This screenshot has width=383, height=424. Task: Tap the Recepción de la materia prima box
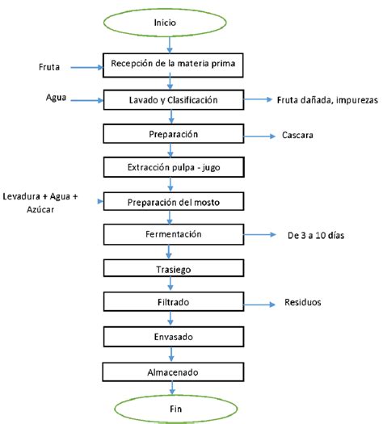[173, 62]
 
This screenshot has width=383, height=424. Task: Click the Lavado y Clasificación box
[173, 99]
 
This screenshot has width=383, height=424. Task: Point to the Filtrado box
[173, 301]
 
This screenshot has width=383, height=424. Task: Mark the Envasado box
[173, 335]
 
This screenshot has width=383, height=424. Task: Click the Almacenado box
[173, 371]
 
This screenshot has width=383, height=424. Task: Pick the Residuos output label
[303, 303]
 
